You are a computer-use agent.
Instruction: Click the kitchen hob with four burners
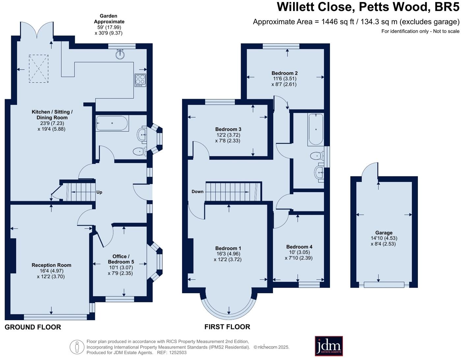140,80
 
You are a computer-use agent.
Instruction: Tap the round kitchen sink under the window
120,54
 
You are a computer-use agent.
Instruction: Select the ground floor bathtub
112,123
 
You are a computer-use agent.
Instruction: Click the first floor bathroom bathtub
316,129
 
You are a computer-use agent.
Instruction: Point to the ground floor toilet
140,152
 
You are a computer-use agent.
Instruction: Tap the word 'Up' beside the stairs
99,192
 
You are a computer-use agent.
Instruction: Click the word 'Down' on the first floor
198,192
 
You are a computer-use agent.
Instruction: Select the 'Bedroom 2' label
285,73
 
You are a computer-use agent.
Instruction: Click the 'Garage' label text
384,233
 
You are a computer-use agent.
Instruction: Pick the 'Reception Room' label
51,265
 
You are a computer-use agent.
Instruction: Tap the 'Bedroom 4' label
299,247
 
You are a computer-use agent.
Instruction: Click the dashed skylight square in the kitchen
39,68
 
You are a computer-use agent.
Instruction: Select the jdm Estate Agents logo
329,346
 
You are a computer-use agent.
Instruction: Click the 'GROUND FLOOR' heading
33,327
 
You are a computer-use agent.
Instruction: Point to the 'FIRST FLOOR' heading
227,327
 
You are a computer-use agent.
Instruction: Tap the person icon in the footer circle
77,347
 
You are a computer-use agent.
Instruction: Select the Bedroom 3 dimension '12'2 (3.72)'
228,135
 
